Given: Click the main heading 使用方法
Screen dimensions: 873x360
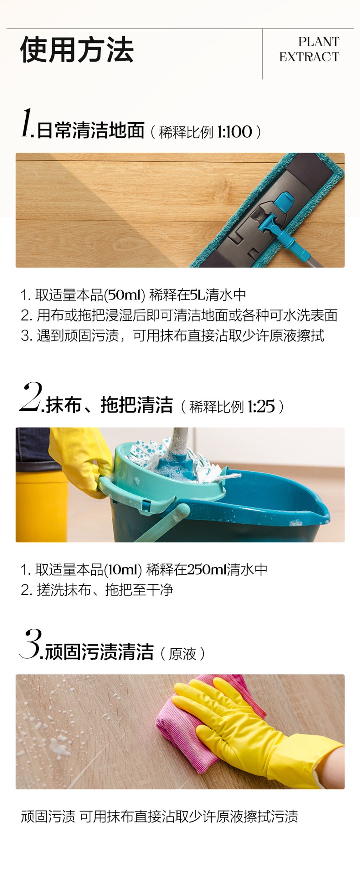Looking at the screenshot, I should pyautogui.click(x=77, y=50).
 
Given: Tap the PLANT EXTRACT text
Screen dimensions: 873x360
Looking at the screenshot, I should pyautogui.click(x=309, y=49).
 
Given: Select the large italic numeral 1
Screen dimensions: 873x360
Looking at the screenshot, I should pyautogui.click(x=26, y=123).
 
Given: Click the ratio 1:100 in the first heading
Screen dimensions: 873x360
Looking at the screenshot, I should pyautogui.click(x=234, y=132).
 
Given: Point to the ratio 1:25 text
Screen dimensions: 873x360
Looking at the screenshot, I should pyautogui.click(x=261, y=407).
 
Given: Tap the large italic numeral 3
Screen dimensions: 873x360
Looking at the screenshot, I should pyautogui.click(x=31, y=644).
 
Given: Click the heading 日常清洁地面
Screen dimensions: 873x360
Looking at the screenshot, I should pyautogui.click(x=91, y=130).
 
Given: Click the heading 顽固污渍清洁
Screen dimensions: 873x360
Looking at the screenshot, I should pyautogui.click(x=99, y=652).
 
